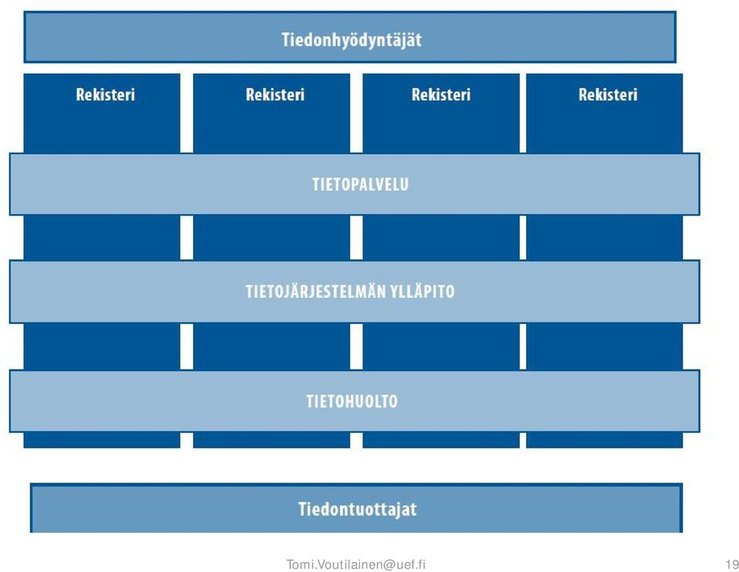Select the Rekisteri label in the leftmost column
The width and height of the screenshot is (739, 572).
pos(105,95)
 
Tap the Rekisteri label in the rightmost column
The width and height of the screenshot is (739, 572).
pos(608,95)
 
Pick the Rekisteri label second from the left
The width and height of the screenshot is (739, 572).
pos(276,95)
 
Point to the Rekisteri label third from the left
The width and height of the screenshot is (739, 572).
pos(441,95)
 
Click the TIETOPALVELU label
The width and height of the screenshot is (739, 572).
pos(360,184)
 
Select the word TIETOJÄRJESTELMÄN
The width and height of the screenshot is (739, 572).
pos(316,291)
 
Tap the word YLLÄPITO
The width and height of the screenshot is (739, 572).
pos(423,292)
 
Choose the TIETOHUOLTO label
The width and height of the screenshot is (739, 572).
pos(352,401)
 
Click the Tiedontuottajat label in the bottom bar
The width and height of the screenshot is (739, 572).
pos(358,510)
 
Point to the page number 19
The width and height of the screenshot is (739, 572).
pos(732,564)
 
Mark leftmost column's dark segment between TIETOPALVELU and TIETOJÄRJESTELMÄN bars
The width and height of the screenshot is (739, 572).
pos(102,237)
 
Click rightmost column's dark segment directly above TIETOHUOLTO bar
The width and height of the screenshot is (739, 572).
pos(604,346)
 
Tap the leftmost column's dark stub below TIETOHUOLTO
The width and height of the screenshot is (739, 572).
pos(102,440)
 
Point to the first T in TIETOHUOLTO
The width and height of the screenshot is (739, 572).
pos(310,401)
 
